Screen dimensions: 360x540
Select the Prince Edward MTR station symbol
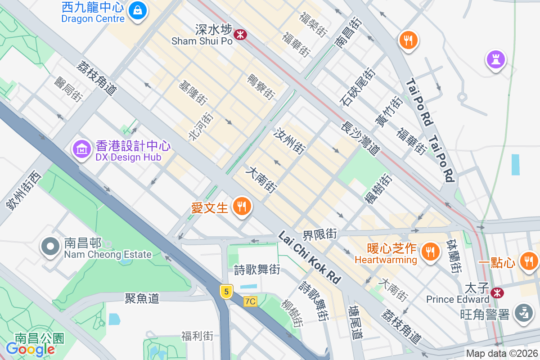[x=497, y=293]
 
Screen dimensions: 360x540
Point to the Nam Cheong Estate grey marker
[x=50, y=247]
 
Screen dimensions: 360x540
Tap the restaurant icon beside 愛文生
[x=242, y=207]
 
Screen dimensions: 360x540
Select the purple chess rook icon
[x=495, y=59]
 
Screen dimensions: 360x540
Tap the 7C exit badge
[x=250, y=301]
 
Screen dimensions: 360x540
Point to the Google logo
[x=31, y=349]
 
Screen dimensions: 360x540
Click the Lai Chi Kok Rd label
[x=309, y=258]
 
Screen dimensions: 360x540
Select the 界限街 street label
[x=319, y=234]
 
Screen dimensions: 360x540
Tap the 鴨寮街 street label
[x=261, y=86]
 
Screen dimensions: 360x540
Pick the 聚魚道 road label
[x=142, y=298]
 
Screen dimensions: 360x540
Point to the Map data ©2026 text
[x=502, y=354]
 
